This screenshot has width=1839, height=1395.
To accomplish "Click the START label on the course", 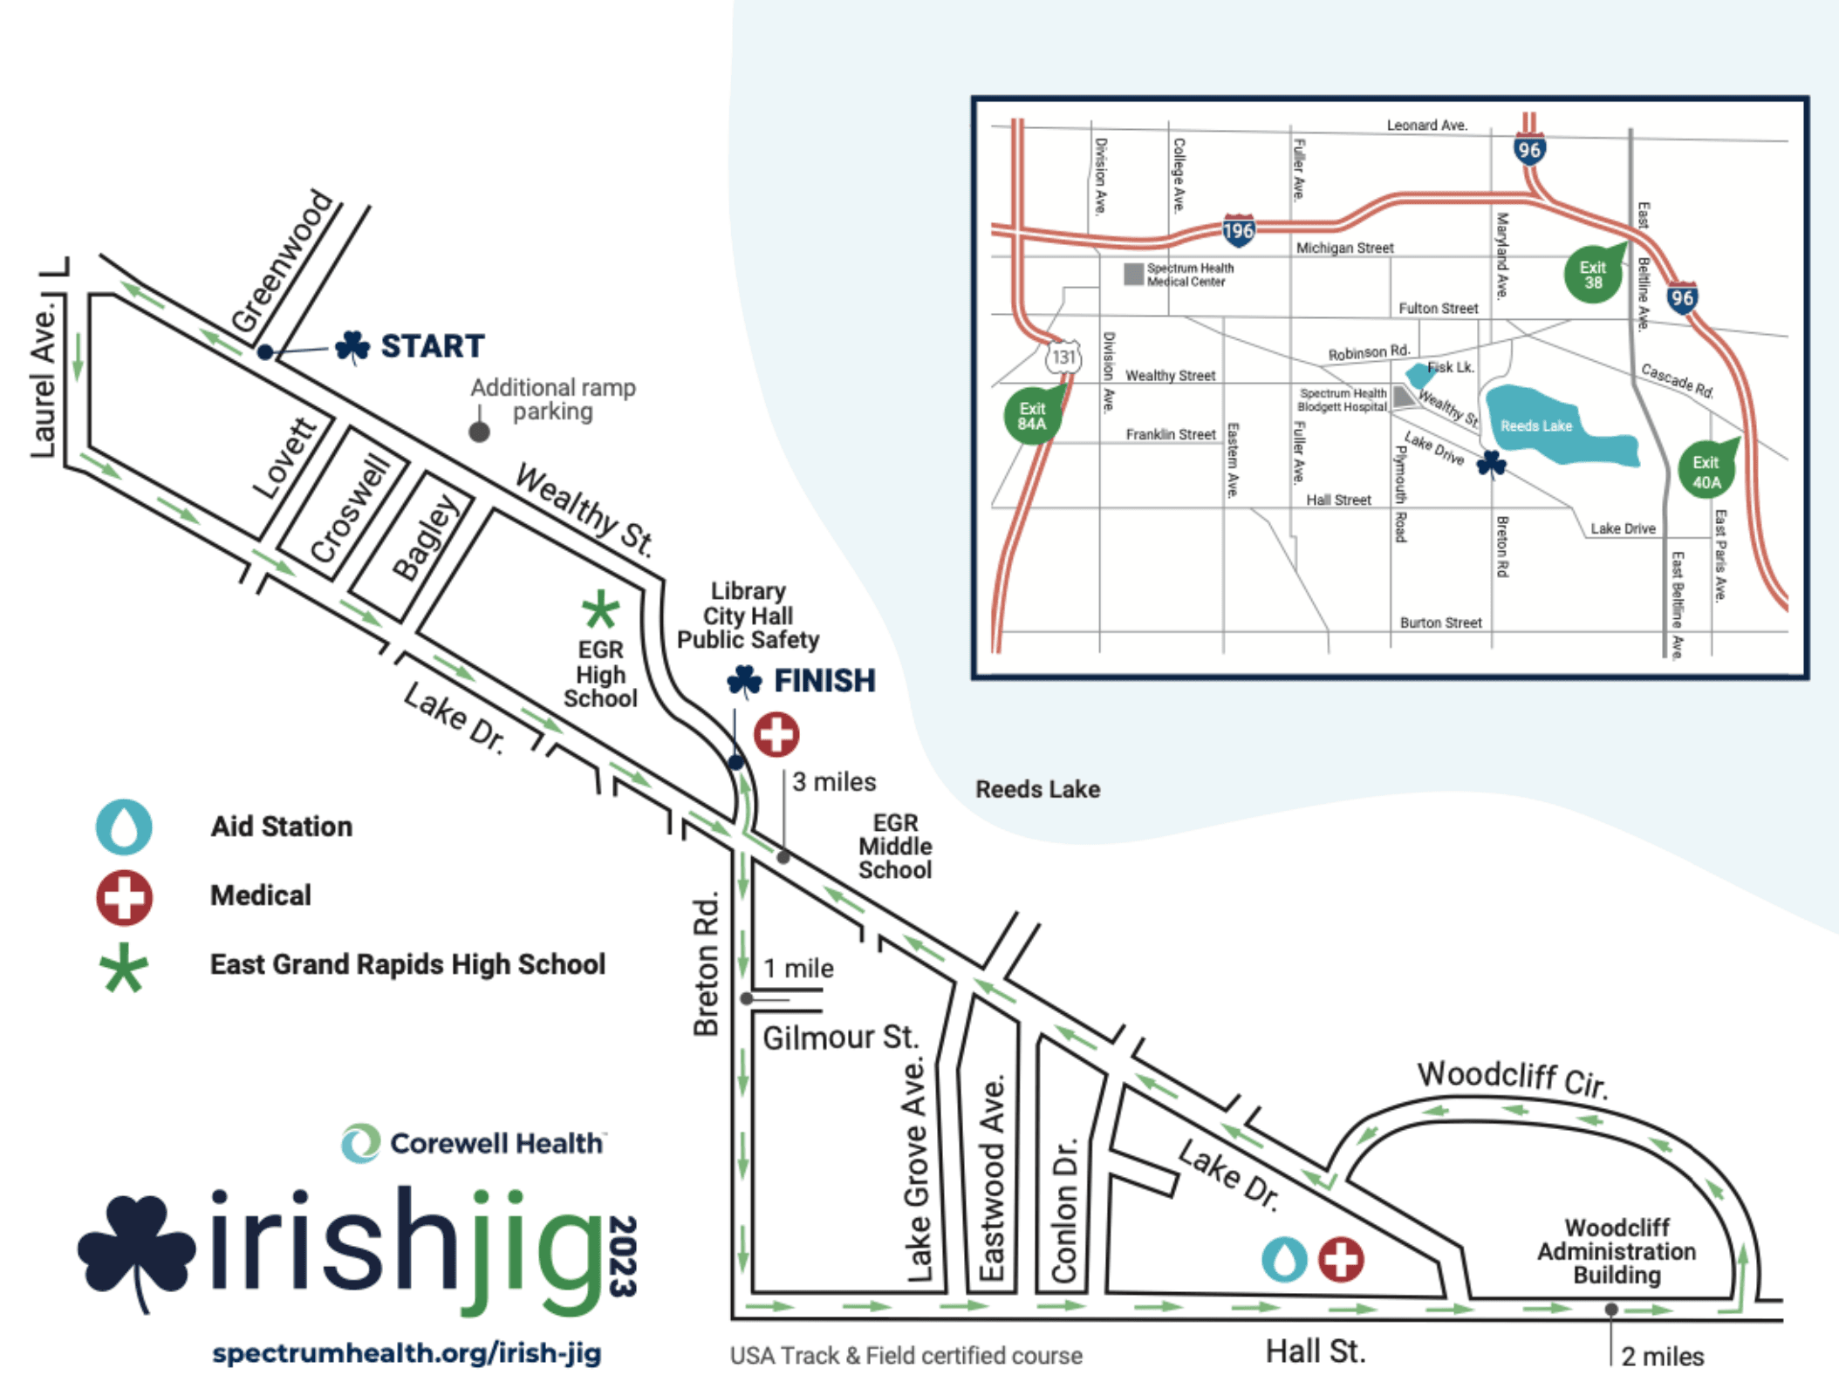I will point(431,346).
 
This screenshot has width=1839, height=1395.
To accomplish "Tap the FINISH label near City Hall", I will point(824,680).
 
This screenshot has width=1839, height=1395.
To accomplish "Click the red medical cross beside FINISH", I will point(776,734).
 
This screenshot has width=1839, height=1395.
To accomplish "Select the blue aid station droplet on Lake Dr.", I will point(1283,1259).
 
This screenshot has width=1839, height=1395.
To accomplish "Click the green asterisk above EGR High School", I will point(600,609).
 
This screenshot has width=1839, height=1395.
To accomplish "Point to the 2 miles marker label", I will point(1662,1356).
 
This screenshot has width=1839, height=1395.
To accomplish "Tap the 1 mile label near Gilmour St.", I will point(797,968).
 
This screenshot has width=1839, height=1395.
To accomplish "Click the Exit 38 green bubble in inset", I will point(1592,275).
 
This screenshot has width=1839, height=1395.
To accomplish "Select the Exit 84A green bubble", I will point(1031,416).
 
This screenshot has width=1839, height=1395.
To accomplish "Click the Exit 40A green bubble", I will point(1706,472).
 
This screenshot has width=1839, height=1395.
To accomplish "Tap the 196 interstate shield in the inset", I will point(1238,231).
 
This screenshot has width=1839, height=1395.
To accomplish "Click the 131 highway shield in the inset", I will point(1063,357).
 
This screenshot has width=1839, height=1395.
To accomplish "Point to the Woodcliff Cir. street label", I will point(1511,1078).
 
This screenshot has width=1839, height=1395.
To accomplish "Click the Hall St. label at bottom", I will point(1315,1351).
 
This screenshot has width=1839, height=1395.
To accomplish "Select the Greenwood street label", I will point(282,261).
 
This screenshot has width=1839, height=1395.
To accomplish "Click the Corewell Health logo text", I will point(496,1143).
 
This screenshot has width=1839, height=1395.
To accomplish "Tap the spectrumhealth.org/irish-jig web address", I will point(407,1352).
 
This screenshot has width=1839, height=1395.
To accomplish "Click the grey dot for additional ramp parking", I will point(479,432).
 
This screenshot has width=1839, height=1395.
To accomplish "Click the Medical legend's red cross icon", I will point(124,896).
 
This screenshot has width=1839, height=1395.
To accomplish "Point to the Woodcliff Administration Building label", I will point(1616,1251).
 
